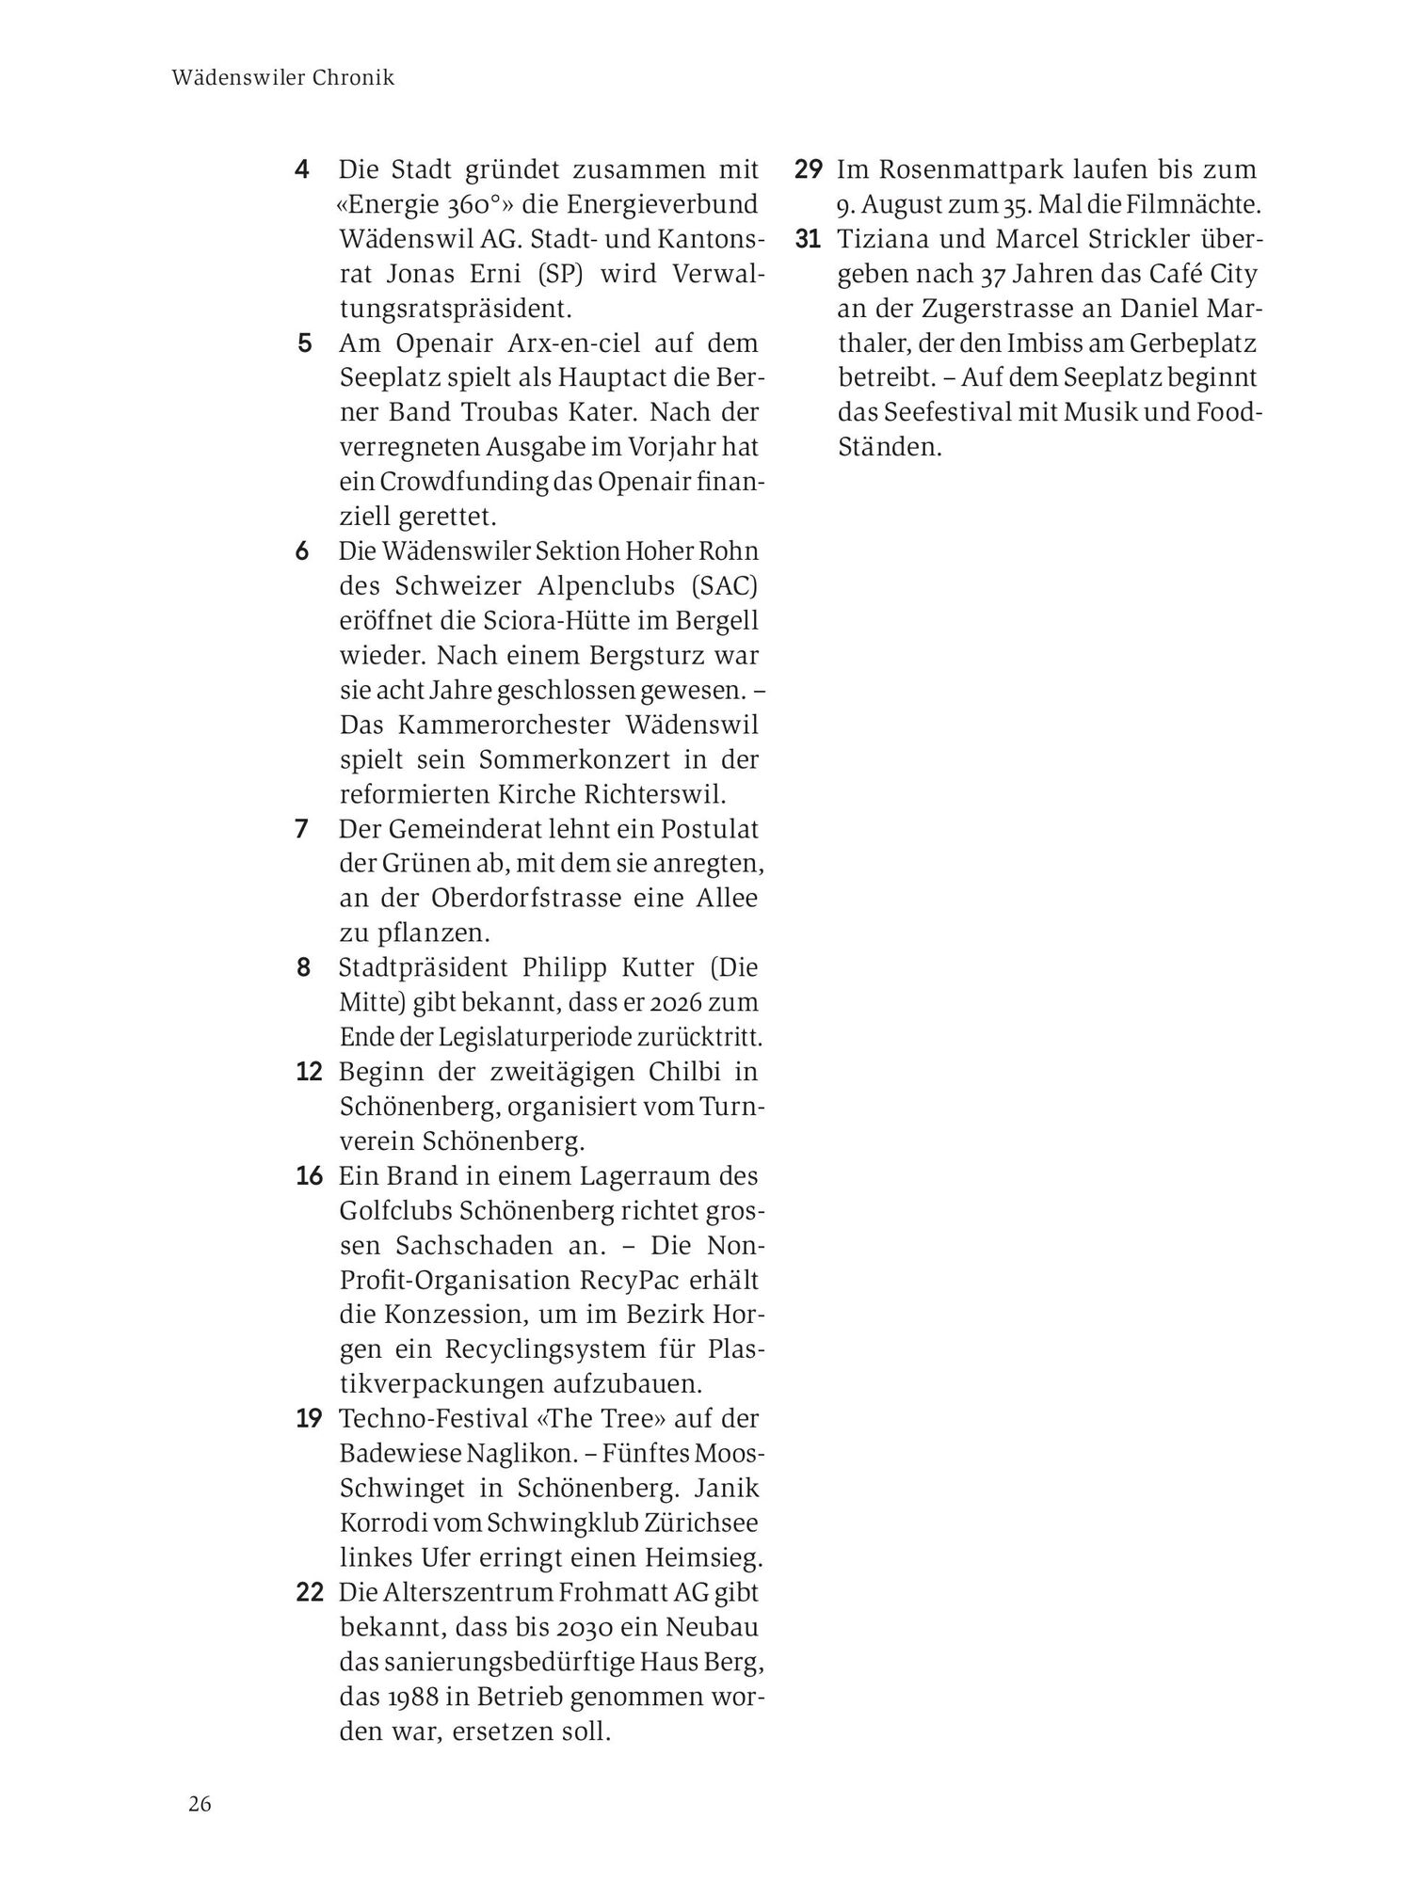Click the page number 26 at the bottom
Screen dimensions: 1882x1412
[x=200, y=1805]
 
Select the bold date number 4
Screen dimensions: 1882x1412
[x=301, y=170]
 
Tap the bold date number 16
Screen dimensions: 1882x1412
[x=309, y=1176]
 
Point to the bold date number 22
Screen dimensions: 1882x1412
[x=309, y=1592]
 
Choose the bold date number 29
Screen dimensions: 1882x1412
[x=808, y=170]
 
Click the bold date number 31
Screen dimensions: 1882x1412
[x=808, y=240]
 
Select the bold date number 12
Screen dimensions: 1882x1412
[x=309, y=1072]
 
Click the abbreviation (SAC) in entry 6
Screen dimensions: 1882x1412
[x=723, y=585]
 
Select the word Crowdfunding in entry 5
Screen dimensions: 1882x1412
[x=462, y=482]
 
